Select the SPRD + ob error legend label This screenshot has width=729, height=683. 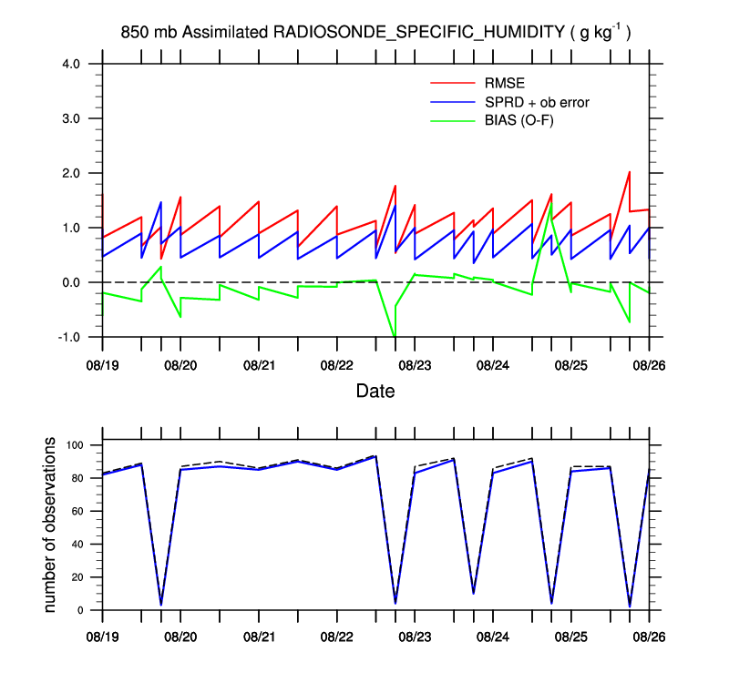coord(537,102)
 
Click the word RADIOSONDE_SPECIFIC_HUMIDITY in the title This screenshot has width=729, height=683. coord(420,33)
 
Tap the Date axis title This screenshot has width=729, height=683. coord(375,392)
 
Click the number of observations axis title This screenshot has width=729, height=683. coord(50,525)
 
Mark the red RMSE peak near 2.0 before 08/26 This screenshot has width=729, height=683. coord(629,172)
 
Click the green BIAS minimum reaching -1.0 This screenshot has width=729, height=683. coord(395,336)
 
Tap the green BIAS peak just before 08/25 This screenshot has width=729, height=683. coord(550,205)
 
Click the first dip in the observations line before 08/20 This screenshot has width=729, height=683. coord(161,604)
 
